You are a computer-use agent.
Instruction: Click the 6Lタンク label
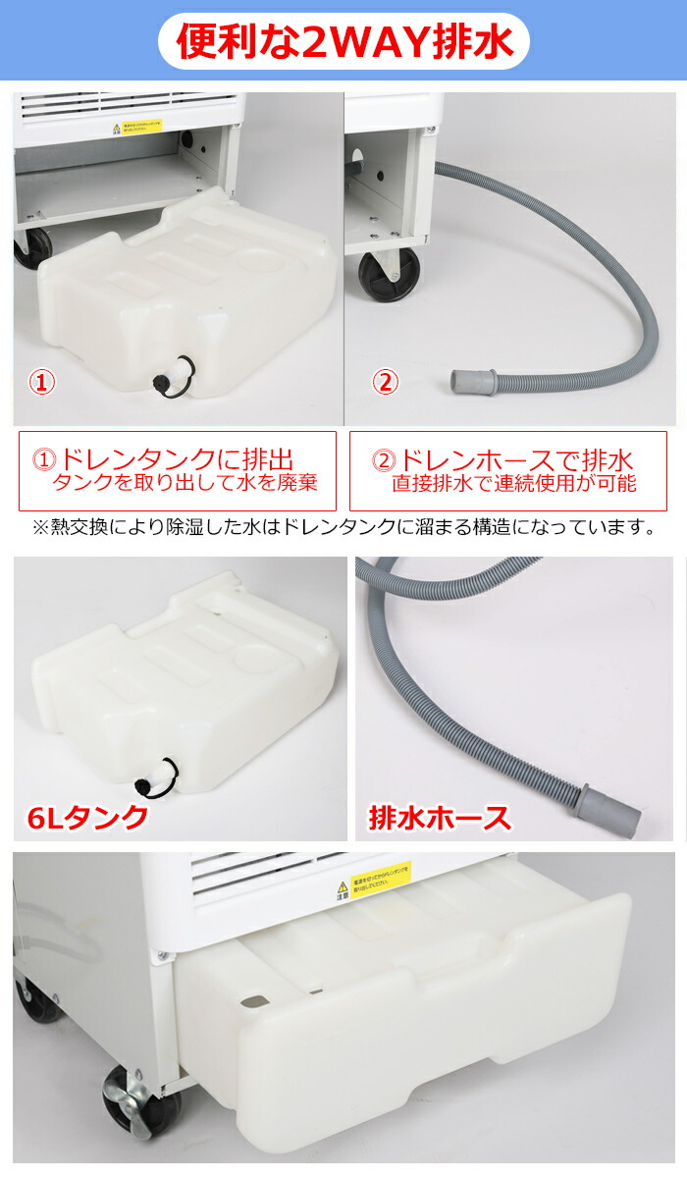pyautogui.click(x=89, y=816)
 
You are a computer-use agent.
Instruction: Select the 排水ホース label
pyautogui.click(x=440, y=817)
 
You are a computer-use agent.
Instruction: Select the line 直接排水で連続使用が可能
pyautogui.click(x=513, y=483)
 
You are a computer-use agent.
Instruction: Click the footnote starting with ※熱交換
pyautogui.click(x=343, y=527)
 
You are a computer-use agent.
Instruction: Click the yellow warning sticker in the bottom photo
pyautogui.click(x=382, y=874)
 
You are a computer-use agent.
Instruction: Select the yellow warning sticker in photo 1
pyautogui.click(x=136, y=129)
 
